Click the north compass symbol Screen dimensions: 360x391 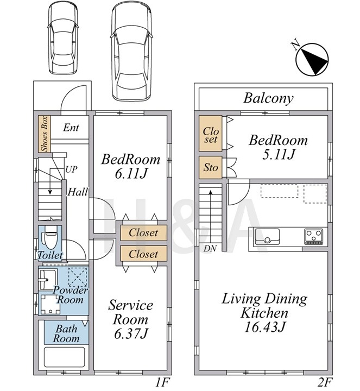tap(312, 59)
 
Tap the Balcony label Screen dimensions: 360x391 tap(268, 98)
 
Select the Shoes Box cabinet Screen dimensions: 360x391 tap(45, 134)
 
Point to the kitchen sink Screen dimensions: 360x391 tap(267, 236)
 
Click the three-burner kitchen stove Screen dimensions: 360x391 tap(314, 236)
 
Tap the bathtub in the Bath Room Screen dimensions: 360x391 tap(64, 357)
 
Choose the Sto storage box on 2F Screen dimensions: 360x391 tap(211, 167)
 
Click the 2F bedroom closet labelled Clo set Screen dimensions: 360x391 tap(211, 133)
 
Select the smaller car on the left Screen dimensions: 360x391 tap(63, 37)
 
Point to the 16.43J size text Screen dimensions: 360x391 tap(265, 327)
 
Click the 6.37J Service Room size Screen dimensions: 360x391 tap(131, 333)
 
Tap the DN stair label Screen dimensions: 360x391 tap(210, 248)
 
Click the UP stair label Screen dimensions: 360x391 tap(71, 169)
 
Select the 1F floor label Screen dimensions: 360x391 tap(162, 382)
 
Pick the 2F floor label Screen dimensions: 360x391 tap(326, 382)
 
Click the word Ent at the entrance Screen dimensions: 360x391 tap(71, 128)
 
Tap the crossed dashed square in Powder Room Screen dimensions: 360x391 tap(78, 277)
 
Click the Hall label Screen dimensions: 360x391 tap(78, 192)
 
